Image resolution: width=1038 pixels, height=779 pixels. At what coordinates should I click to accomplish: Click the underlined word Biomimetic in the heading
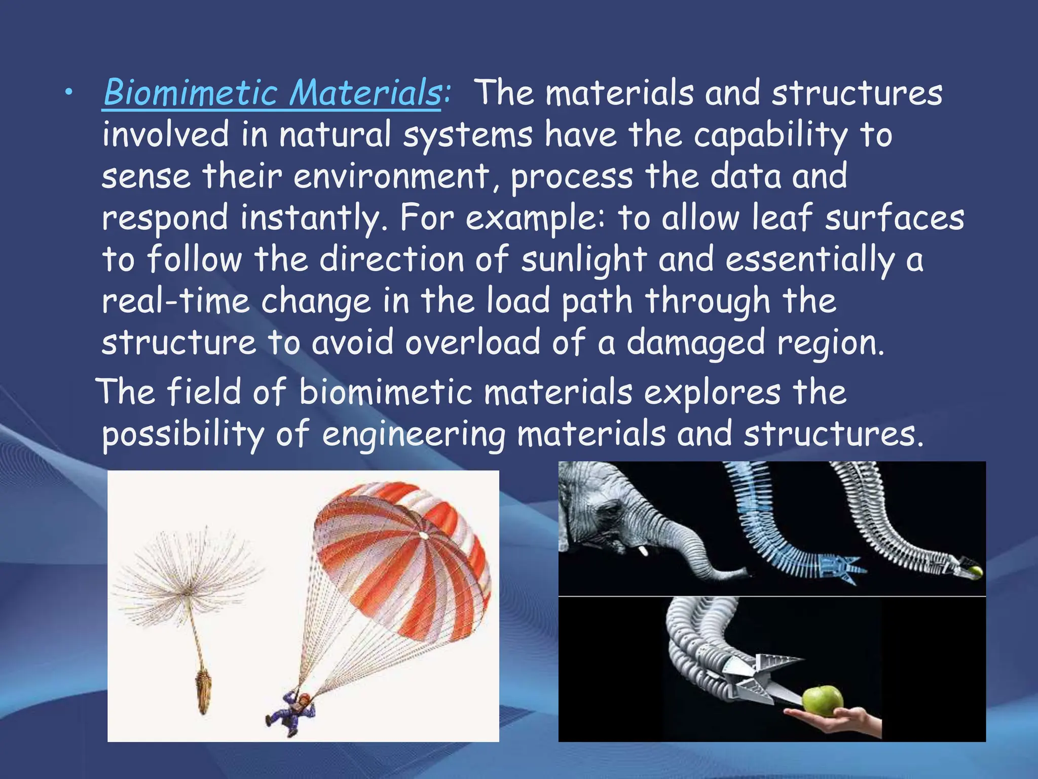tap(190, 93)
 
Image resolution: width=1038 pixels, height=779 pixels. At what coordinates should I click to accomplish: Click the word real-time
tap(176, 301)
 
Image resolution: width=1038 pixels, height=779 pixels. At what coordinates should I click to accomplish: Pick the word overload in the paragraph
tap(472, 342)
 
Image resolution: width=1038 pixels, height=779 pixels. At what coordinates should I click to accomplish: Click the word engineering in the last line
tap(414, 435)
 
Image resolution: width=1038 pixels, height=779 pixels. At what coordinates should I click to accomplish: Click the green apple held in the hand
tap(822, 701)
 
